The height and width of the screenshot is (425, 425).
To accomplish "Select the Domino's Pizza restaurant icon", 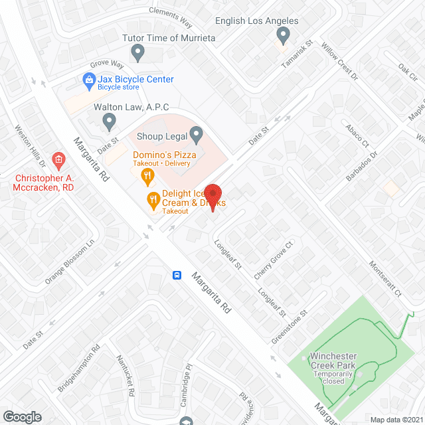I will pyautogui.click(x=148, y=175).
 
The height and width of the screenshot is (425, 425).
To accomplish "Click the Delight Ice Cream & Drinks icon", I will pyautogui.click(x=153, y=199).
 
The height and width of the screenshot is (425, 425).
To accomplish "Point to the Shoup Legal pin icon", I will pyautogui.click(x=196, y=136).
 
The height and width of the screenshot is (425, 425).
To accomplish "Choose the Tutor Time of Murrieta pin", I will pyautogui.click(x=137, y=51).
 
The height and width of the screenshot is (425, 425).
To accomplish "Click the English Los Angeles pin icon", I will pyautogui.click(x=284, y=35).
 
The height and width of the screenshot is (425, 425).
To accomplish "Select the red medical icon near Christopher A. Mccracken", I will pyautogui.click(x=58, y=159).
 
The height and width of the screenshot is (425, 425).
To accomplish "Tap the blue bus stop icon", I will pyautogui.click(x=177, y=275).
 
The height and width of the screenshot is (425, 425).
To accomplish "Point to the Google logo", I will pyautogui.click(x=23, y=416).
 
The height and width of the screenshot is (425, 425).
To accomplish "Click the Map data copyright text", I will pyautogui.click(x=396, y=419).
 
